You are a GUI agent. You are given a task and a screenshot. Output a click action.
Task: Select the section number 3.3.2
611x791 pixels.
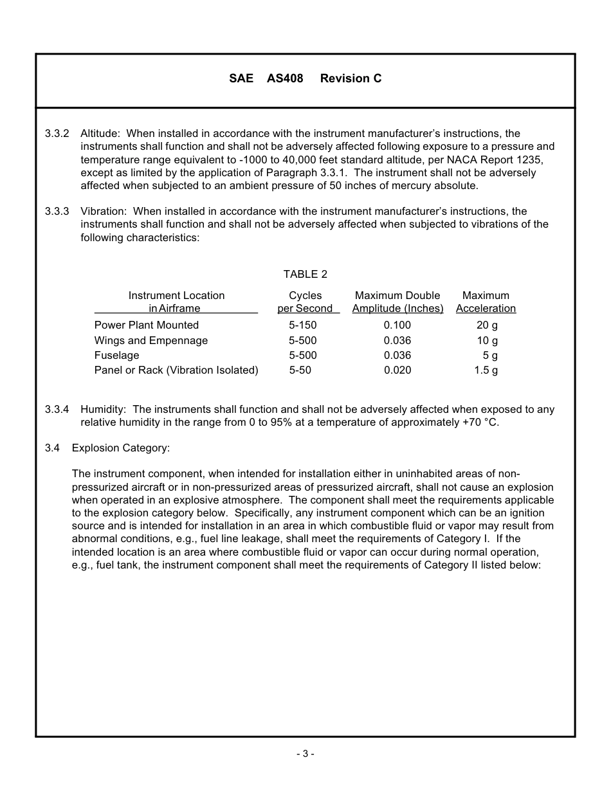(57, 134)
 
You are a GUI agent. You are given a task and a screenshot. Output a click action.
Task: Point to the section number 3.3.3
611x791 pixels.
(57, 212)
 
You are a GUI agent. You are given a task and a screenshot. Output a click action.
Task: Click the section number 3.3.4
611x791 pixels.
(57, 410)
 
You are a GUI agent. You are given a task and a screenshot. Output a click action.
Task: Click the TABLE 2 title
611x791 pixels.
(305, 275)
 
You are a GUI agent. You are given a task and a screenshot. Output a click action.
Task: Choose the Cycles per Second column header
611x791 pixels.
(305, 302)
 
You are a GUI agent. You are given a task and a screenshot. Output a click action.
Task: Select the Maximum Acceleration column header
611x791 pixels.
(486, 302)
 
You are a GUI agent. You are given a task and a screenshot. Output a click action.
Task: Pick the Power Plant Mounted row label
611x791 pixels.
(147, 325)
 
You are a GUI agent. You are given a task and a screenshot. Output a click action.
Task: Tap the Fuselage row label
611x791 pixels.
(116, 356)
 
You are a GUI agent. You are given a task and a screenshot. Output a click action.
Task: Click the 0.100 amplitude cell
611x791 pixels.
(397, 325)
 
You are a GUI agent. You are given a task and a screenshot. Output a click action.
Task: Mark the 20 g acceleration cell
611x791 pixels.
(487, 325)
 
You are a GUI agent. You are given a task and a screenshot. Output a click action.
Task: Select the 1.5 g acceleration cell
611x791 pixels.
(486, 370)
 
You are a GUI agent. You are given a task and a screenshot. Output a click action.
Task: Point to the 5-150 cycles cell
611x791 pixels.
(303, 325)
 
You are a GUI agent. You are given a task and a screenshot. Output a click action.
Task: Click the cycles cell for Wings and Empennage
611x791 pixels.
(303, 341)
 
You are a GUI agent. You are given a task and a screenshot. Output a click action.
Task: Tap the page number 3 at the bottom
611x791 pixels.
(305, 754)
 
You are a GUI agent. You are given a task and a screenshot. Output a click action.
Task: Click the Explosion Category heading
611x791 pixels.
(121, 448)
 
